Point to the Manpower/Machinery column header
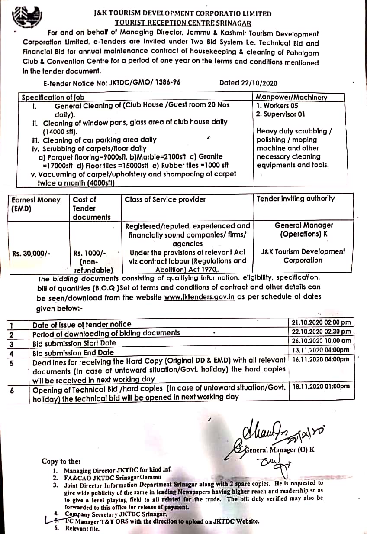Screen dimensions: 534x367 click(291, 98)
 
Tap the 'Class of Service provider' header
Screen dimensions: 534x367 click(165, 199)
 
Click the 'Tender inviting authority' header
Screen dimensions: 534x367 click(295, 199)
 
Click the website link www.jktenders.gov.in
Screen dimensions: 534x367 click(202, 297)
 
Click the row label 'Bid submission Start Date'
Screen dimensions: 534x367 click(74, 343)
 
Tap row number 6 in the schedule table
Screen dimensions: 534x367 click(13, 390)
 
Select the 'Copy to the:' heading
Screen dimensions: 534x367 click(61, 462)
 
